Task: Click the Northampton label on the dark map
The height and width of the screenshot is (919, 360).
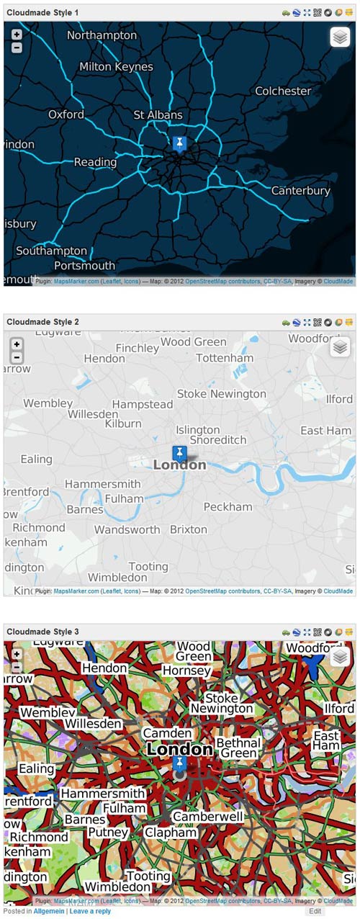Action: (x=102, y=35)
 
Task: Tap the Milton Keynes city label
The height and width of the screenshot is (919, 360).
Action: (x=116, y=66)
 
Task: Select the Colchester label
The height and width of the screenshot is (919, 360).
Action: (x=283, y=91)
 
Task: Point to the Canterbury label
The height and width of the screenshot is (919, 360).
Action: (x=300, y=191)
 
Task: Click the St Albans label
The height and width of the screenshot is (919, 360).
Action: (x=158, y=115)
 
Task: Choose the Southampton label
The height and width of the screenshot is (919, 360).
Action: (x=51, y=251)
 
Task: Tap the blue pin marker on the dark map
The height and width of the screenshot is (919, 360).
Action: (x=179, y=143)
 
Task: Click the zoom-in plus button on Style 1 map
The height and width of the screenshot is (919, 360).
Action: (x=17, y=35)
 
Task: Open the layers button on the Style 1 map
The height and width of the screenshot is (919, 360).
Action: (x=340, y=37)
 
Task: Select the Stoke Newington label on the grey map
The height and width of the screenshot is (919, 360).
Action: (x=221, y=394)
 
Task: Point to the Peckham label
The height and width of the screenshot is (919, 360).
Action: (x=228, y=507)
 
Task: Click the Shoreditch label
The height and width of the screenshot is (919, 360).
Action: (x=218, y=440)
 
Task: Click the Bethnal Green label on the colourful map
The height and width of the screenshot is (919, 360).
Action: (x=237, y=748)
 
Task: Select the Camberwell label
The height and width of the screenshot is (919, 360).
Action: (x=208, y=817)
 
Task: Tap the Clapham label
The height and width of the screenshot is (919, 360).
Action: (x=171, y=833)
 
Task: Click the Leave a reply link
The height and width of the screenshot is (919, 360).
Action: (x=90, y=911)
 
